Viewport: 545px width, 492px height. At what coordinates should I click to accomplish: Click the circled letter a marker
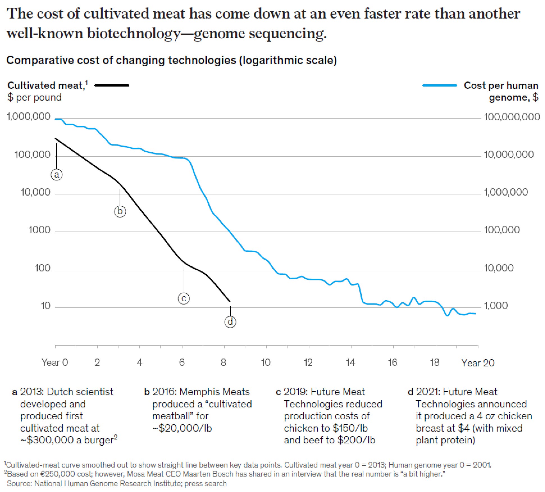pyautogui.click(x=57, y=175)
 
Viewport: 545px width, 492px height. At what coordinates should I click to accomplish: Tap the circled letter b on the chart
pyautogui.click(x=120, y=211)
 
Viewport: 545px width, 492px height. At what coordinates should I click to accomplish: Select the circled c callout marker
pyautogui.click(x=184, y=298)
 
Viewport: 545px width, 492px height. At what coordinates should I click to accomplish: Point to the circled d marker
pyautogui.click(x=230, y=322)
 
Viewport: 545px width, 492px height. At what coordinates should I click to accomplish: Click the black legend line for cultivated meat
pyautogui.click(x=112, y=85)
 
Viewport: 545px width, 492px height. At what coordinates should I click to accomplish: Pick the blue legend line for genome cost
pyautogui.click(x=439, y=85)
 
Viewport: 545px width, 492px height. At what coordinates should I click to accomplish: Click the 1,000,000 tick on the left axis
pyautogui.click(x=29, y=117)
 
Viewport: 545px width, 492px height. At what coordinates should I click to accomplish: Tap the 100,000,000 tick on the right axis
pyautogui.click(x=512, y=117)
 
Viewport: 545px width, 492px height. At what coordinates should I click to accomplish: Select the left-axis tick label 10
pyautogui.click(x=45, y=306)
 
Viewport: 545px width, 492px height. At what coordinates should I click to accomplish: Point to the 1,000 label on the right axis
pyautogui.click(x=496, y=306)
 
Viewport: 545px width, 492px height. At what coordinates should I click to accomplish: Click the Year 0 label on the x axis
pyautogui.click(x=55, y=362)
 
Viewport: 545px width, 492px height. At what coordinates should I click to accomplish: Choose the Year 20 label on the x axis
pyautogui.click(x=478, y=363)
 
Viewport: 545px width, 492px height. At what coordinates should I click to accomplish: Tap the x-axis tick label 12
pyautogui.click(x=308, y=362)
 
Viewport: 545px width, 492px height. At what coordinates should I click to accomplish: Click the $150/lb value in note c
pyautogui.click(x=350, y=428)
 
